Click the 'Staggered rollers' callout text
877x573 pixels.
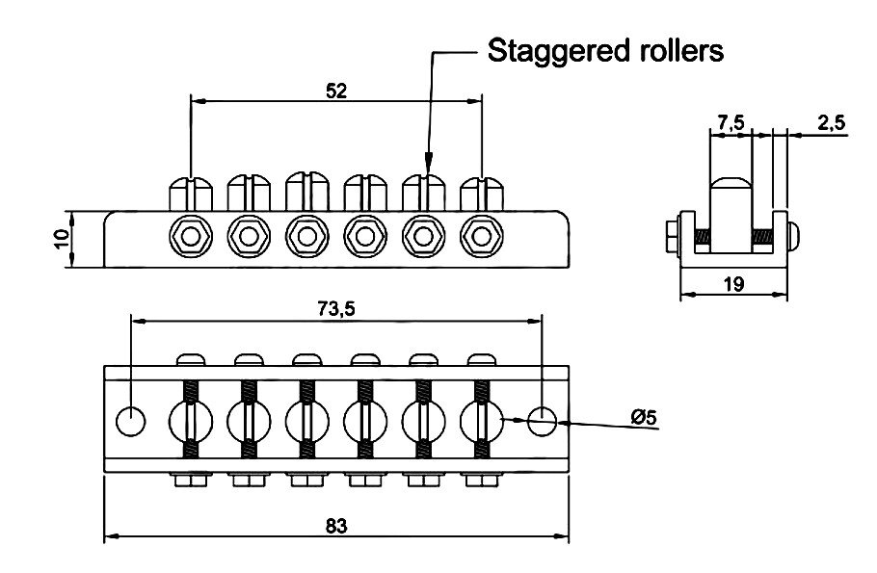tap(605, 50)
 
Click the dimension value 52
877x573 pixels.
tap(335, 90)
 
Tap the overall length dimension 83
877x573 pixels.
tap(335, 526)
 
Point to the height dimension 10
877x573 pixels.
tap(61, 238)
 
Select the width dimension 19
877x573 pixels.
tap(733, 284)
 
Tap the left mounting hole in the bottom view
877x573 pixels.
tap(130, 420)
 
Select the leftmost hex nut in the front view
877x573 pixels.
tap(191, 235)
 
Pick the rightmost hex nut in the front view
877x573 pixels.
tap(480, 235)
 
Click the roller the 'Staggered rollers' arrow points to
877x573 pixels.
tap(422, 191)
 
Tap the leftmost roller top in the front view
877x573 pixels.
tap(191, 191)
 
